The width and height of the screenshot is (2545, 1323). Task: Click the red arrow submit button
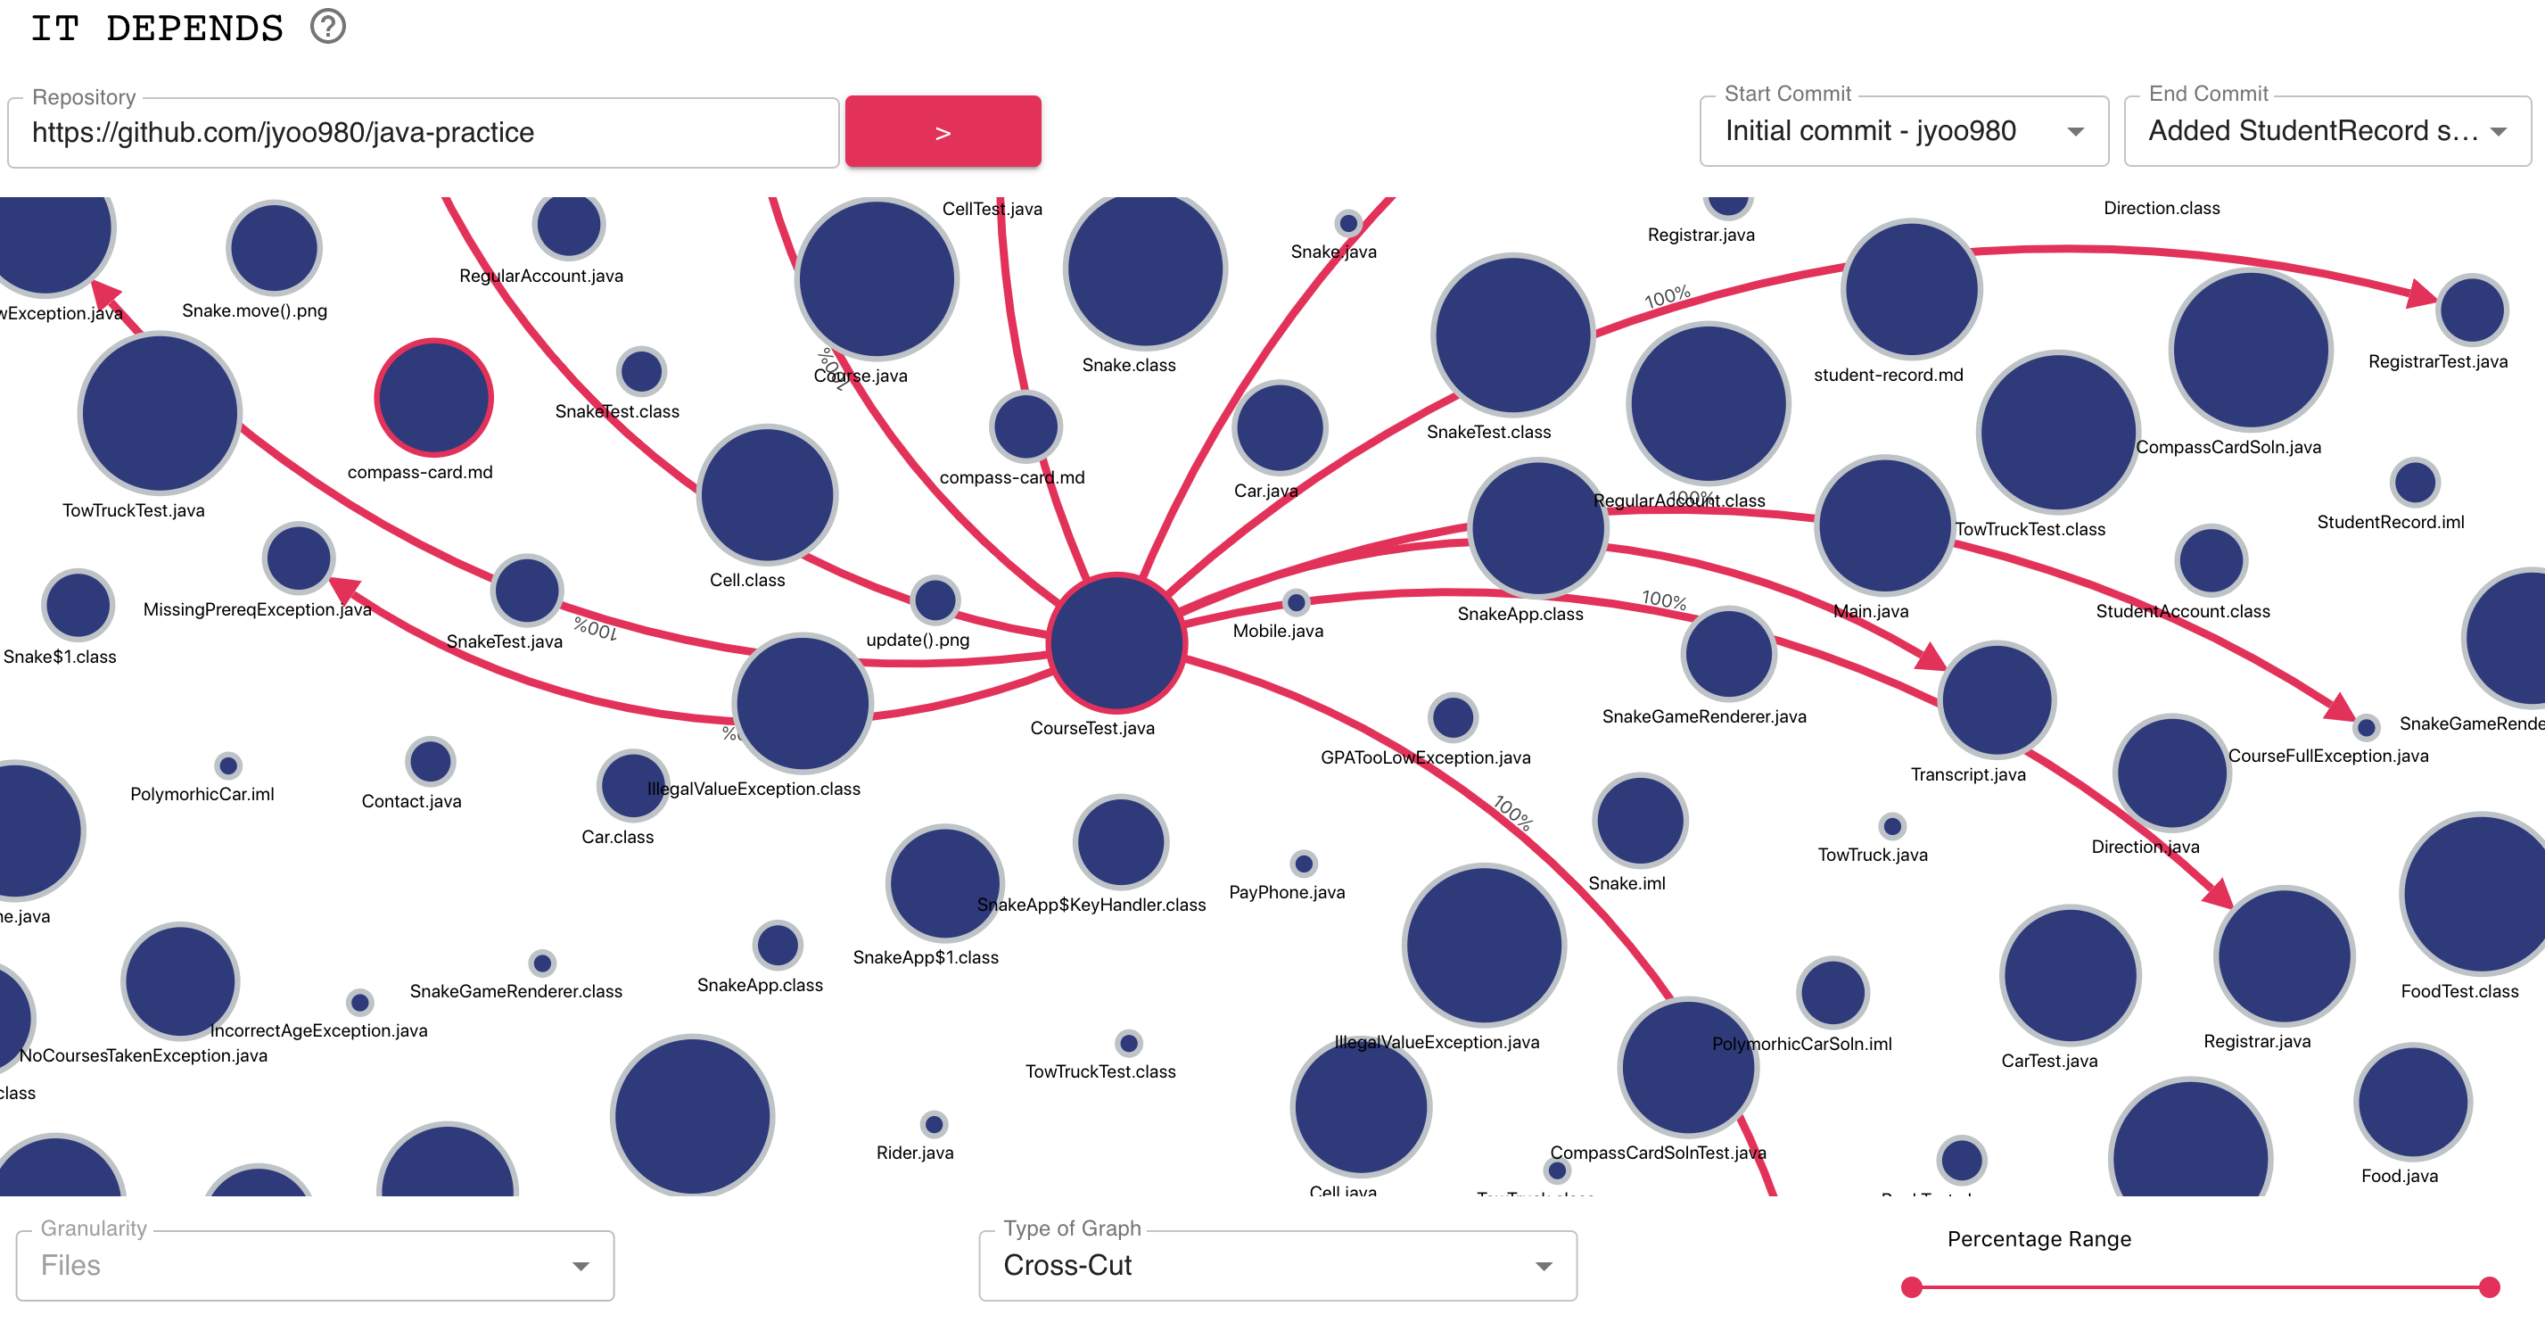tap(943, 131)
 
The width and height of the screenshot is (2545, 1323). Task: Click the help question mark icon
tap(328, 27)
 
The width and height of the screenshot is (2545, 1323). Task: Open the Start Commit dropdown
tap(1903, 131)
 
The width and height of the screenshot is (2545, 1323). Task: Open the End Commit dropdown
tap(2326, 131)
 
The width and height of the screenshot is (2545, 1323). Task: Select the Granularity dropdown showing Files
tap(314, 1266)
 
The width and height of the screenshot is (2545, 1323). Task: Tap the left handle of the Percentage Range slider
tap(1912, 1287)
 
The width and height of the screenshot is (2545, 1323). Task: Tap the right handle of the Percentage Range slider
tap(2490, 1287)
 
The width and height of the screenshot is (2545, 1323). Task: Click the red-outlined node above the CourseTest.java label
tap(1116, 643)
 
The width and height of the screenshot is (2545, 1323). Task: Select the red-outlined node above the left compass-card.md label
tap(433, 397)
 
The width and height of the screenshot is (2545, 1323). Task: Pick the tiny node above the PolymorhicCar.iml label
tap(228, 765)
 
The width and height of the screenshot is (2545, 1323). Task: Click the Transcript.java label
tap(1967, 774)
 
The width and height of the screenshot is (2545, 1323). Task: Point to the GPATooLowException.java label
tap(1425, 757)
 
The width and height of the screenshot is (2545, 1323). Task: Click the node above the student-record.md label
tap(1911, 288)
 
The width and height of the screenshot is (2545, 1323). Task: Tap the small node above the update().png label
tap(935, 599)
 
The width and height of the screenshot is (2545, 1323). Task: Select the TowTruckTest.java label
tap(134, 511)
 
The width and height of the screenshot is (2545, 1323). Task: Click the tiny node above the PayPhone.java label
tap(1304, 864)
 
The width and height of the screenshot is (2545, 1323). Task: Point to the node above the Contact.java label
tap(430, 762)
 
